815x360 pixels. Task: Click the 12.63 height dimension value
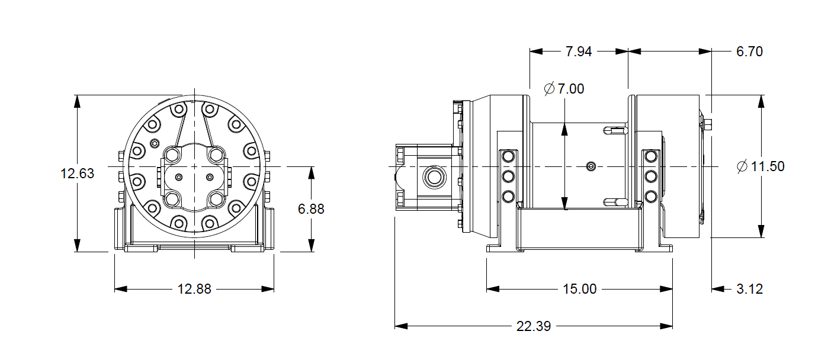(77, 173)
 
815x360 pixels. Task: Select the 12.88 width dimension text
(194, 289)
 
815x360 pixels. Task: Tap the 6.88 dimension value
(311, 209)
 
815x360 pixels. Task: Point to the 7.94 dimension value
(579, 52)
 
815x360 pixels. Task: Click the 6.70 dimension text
(749, 52)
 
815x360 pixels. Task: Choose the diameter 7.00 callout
(564, 89)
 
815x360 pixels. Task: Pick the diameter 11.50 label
(761, 166)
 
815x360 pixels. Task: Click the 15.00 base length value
(579, 289)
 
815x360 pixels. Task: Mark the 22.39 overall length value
(534, 326)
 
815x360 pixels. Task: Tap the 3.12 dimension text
(749, 289)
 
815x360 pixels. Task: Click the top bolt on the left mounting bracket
(508, 156)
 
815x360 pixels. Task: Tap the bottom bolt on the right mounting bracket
(650, 196)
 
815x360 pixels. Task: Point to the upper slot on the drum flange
(614, 130)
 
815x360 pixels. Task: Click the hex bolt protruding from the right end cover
(707, 124)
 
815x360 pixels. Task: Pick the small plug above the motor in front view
(155, 143)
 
